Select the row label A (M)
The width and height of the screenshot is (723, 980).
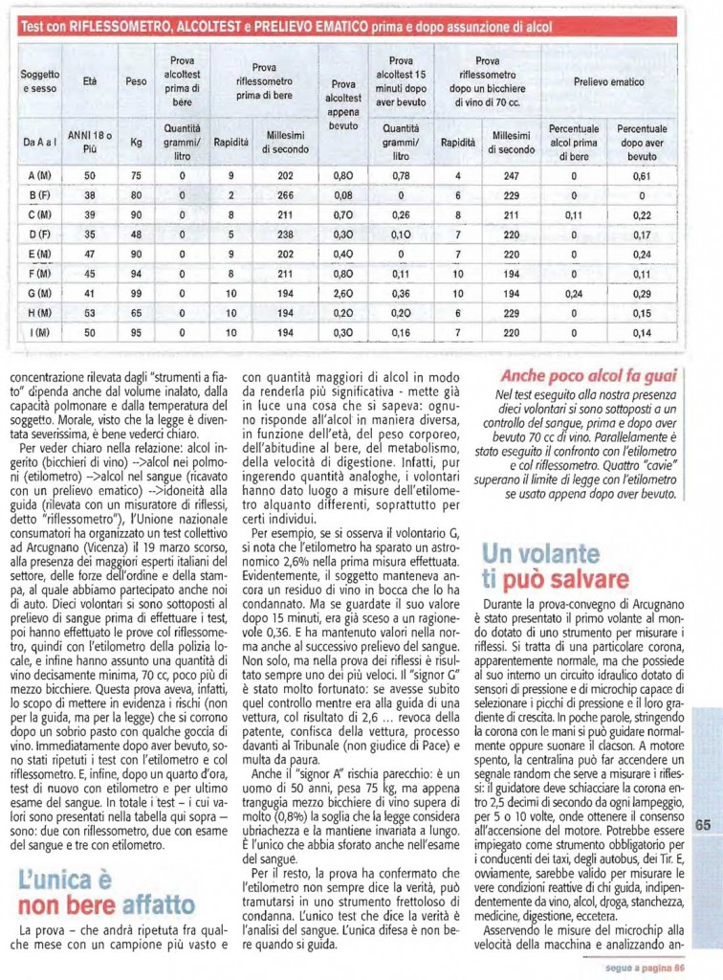click(x=40, y=176)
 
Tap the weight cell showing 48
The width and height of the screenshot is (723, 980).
click(x=137, y=234)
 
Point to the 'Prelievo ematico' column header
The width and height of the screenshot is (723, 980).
click(x=607, y=82)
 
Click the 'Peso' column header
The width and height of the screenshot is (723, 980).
click(x=137, y=81)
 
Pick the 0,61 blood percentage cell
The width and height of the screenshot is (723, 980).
click(x=641, y=176)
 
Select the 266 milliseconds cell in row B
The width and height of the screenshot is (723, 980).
click(x=285, y=196)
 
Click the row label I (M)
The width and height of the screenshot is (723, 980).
click(x=40, y=332)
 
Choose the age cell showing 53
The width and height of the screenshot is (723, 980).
click(x=90, y=313)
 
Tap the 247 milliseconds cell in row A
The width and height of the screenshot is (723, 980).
click(x=511, y=176)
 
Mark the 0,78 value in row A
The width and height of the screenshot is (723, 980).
click(x=401, y=176)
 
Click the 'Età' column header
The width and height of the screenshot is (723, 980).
click(x=90, y=81)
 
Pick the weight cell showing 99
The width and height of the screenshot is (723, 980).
click(x=137, y=293)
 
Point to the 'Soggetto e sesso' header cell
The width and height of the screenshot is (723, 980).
click(x=40, y=81)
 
